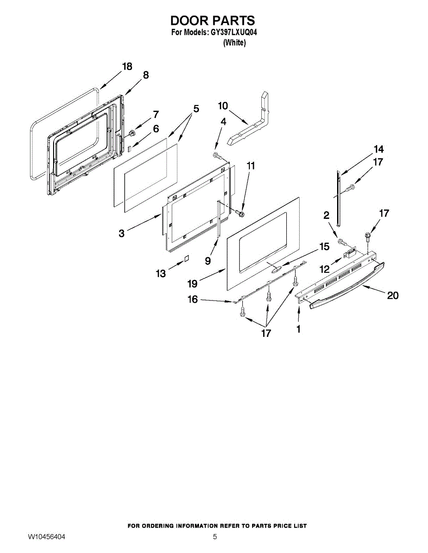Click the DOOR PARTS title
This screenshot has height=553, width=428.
pos(212,20)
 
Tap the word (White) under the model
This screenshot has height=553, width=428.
pos(234,42)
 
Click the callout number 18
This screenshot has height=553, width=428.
pos(127,66)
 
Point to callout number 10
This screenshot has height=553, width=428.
pos(223,106)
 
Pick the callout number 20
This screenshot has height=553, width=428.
pos(392,295)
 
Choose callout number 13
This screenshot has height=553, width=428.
pos(160,274)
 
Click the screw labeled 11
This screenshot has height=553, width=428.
pos(240,213)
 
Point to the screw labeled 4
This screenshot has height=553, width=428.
pos(217,154)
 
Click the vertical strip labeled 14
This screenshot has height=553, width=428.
pos(339,198)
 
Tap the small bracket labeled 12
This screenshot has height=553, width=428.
pos(350,253)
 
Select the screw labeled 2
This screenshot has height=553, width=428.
pos(342,241)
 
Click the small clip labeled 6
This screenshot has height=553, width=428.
pos(130,149)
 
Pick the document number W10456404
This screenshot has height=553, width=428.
pos(46,537)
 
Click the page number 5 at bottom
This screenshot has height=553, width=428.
pos(215,537)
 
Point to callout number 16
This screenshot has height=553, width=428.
pos(193,300)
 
